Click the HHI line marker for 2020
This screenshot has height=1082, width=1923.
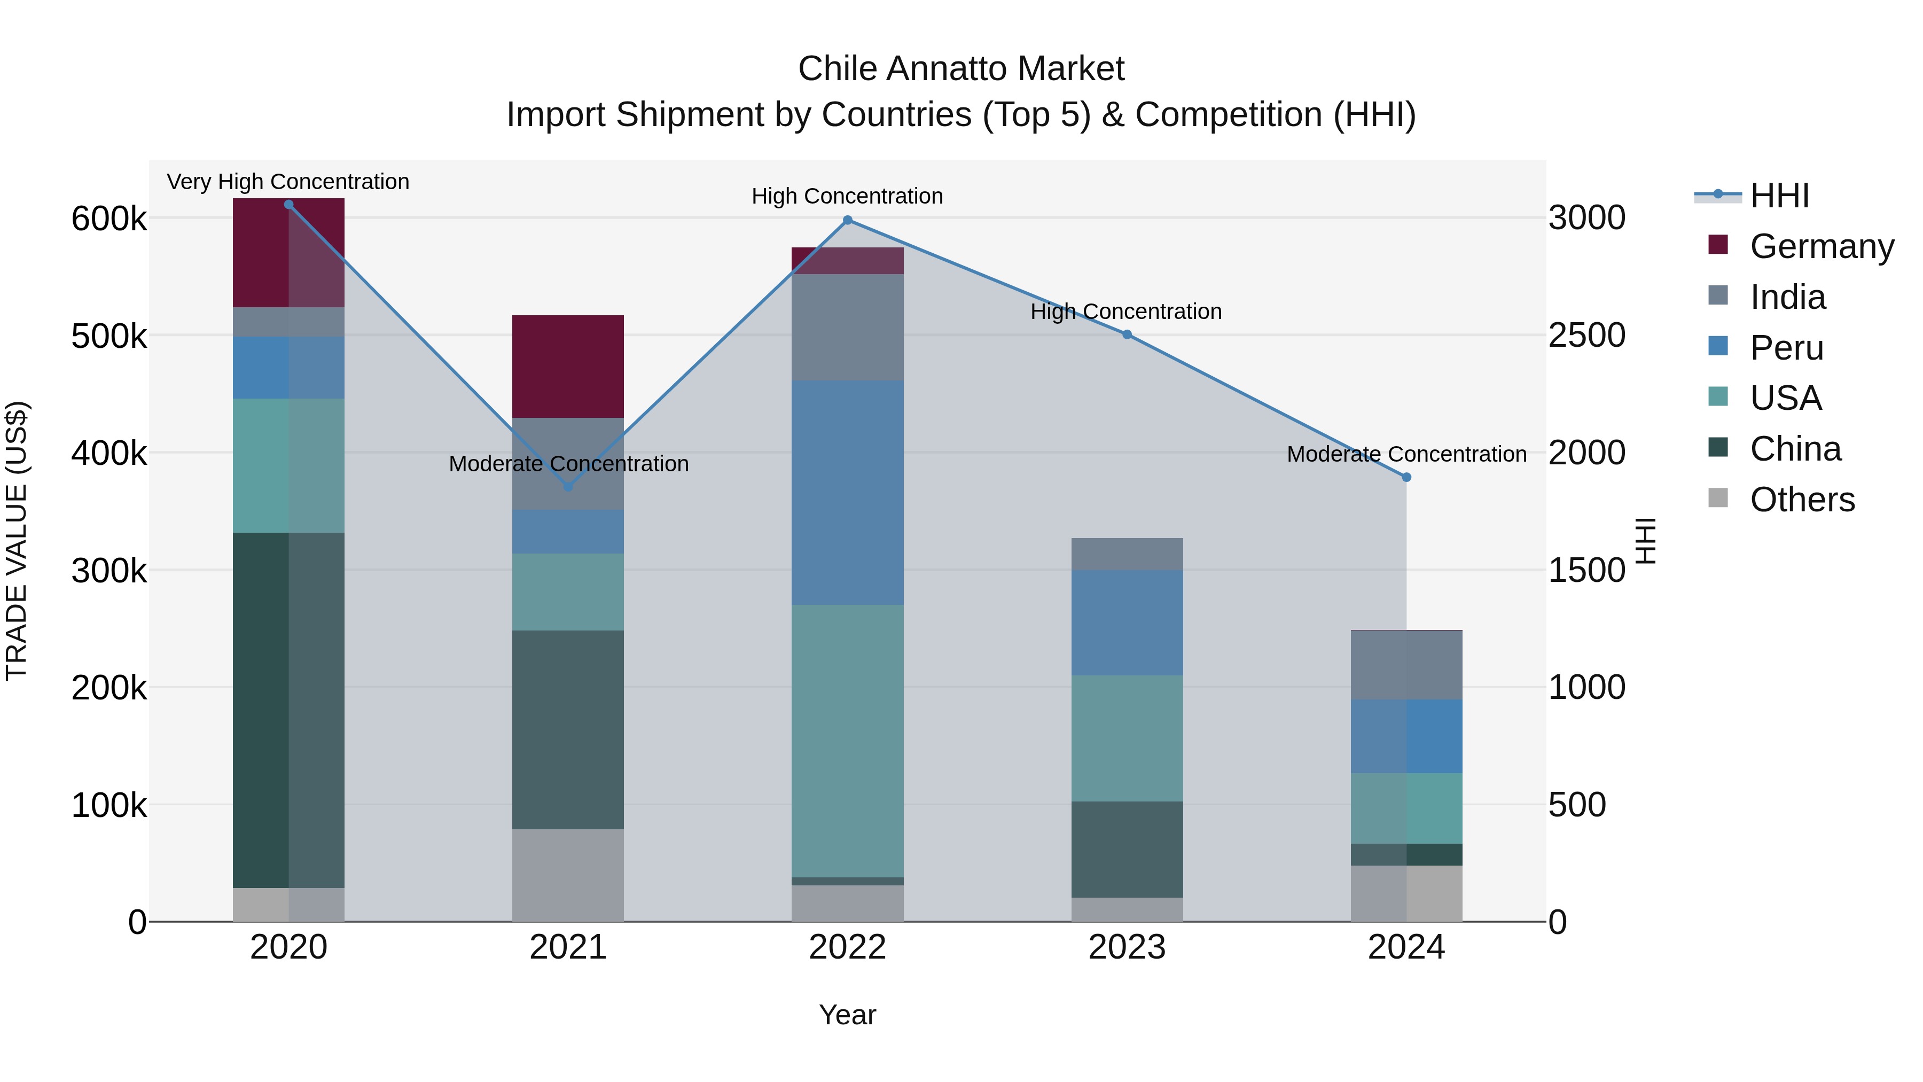coord(289,205)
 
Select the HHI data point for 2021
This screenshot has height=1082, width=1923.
coord(568,487)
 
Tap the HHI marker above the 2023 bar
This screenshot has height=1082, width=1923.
coord(1127,334)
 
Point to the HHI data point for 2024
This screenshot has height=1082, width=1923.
coord(1406,477)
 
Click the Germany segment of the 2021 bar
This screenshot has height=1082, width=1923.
coord(568,366)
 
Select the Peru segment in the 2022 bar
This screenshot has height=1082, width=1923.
coord(847,493)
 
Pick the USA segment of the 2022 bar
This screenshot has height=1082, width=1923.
coord(847,741)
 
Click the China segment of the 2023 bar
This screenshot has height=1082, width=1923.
coord(1127,849)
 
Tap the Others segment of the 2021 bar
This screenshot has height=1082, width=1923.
coord(568,875)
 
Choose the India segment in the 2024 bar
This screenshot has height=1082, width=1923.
coord(1406,665)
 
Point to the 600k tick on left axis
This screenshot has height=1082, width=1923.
coord(109,219)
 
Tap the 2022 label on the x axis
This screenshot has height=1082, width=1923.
coord(847,947)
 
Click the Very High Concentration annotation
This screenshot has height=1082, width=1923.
coord(288,182)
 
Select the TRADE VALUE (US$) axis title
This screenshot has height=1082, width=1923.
coord(17,541)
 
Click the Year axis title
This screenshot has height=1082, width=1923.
coord(847,1015)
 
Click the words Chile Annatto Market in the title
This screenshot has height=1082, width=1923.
coord(961,69)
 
